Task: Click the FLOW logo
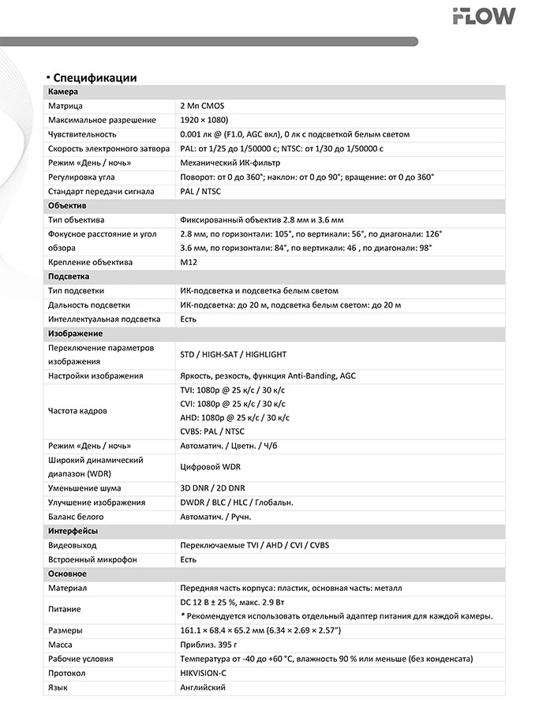coord(484,16)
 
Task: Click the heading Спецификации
coord(95,77)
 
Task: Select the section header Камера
coord(63,92)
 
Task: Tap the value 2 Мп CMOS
coord(203,106)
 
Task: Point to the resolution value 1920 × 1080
coord(204,120)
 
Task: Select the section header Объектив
coord(67,205)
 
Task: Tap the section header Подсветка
coord(69,277)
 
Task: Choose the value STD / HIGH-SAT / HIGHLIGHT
coord(234,355)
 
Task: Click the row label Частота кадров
coord(77,411)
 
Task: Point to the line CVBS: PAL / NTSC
coord(212,432)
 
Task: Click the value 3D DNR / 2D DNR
coord(212,488)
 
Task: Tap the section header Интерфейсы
coord(73,531)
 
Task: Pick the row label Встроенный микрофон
coord(92,559)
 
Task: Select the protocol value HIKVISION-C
coord(204,673)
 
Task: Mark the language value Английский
coord(203,687)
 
